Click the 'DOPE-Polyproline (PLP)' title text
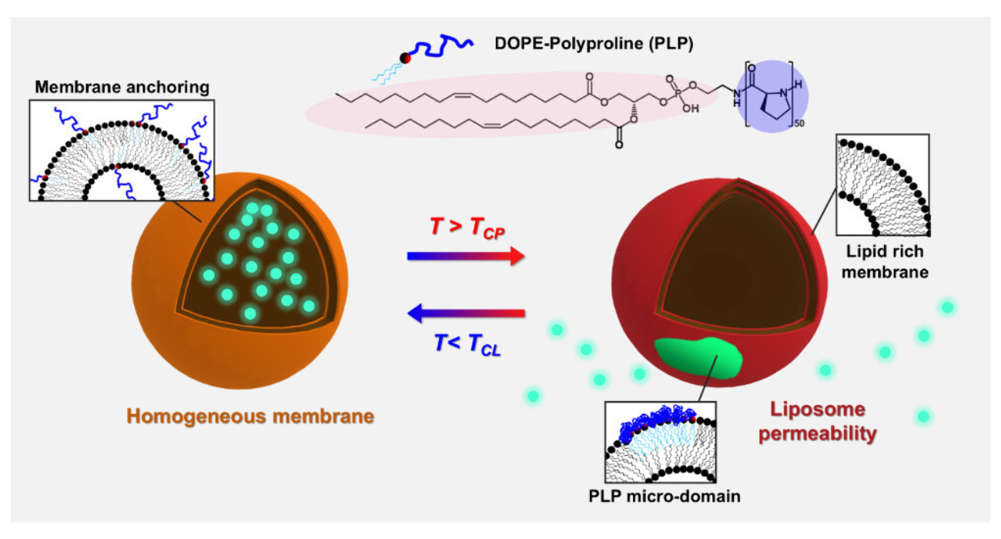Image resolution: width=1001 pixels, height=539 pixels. [593, 45]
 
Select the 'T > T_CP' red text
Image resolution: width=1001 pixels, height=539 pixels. [466, 229]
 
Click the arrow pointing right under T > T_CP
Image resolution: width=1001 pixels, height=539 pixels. [466, 256]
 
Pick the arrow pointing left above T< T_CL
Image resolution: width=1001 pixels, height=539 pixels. [466, 313]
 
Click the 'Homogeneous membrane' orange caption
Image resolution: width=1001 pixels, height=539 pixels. [250, 417]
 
